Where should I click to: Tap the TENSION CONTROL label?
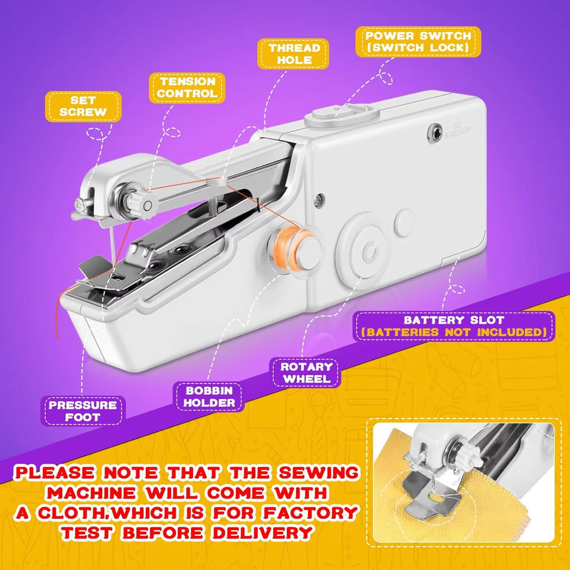[187, 88]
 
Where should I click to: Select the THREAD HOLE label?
[293, 54]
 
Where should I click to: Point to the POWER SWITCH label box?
[417, 41]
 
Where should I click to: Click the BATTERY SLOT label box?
[454, 326]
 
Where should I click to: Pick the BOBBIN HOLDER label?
[209, 396]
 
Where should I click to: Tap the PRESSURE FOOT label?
[83, 411]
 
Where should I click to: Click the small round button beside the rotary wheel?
[404, 221]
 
